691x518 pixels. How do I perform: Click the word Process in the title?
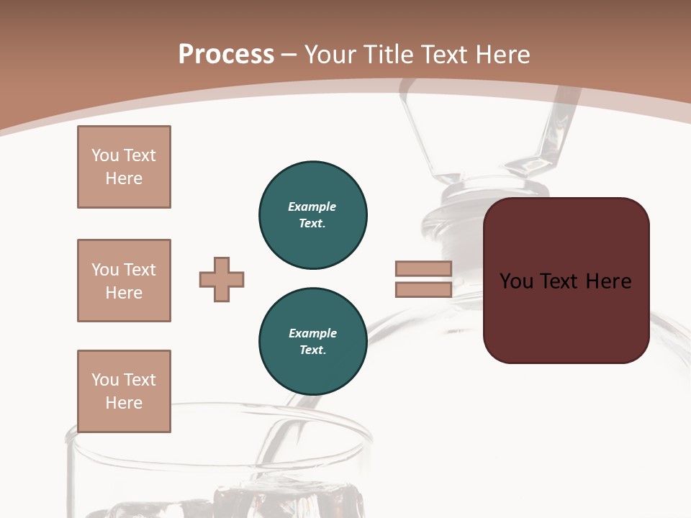click(226, 55)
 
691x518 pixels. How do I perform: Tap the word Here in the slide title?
click(502, 55)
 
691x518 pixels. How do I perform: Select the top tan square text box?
click(124, 167)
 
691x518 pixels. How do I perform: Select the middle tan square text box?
click(124, 281)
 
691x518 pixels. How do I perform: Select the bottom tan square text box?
click(124, 391)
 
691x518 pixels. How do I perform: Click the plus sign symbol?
click(222, 279)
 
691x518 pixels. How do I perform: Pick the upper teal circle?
click(312, 215)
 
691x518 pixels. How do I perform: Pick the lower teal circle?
click(312, 342)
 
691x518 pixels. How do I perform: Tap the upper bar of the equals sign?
click(423, 268)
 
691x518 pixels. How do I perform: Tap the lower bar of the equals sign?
click(423, 290)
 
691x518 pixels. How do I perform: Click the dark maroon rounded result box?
click(566, 317)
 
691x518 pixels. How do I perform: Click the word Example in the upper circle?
click(312, 206)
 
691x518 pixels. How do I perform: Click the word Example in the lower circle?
click(312, 333)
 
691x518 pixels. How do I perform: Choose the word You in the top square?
click(105, 155)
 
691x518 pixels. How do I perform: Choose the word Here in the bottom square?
click(124, 403)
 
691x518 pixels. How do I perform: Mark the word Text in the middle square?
click(140, 270)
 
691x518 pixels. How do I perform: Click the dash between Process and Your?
click(289, 55)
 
